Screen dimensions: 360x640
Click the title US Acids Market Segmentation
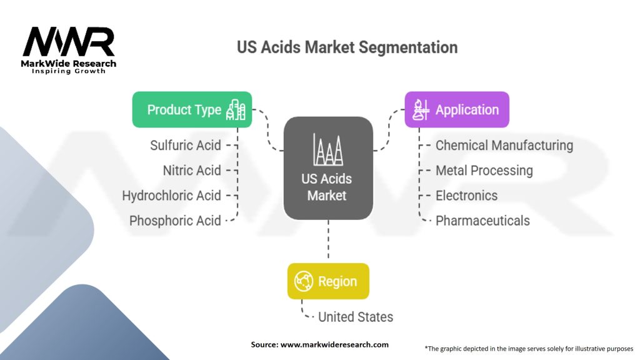(347, 47)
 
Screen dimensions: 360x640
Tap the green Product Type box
(192, 110)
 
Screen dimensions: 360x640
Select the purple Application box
(457, 110)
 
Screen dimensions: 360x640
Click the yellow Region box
(328, 281)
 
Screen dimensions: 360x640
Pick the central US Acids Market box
(328, 169)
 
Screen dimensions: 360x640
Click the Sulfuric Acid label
(186, 146)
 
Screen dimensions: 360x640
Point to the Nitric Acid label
(192, 171)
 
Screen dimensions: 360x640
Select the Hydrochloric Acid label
(172, 196)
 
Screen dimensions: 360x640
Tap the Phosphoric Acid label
(175, 221)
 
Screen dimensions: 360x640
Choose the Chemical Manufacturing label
(504, 146)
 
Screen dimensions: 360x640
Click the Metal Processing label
(484, 171)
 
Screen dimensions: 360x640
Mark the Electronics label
(466, 196)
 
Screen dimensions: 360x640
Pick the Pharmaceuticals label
(482, 221)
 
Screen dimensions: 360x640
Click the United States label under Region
(356, 317)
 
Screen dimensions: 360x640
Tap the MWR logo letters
(69, 42)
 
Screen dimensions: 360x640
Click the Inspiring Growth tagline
(69, 71)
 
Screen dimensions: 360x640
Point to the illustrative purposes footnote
(529, 348)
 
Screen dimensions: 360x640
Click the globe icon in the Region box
(304, 281)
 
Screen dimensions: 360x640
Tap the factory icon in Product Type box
(236, 110)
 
